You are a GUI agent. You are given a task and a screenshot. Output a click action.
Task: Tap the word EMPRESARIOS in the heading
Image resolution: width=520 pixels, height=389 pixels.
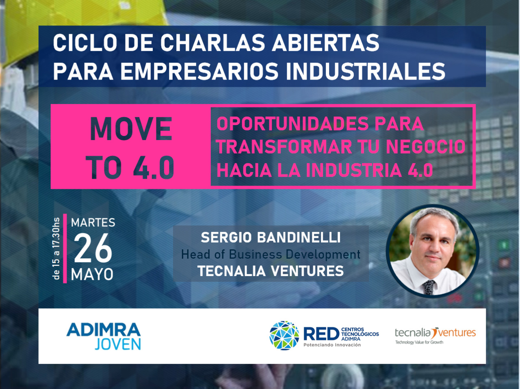200,71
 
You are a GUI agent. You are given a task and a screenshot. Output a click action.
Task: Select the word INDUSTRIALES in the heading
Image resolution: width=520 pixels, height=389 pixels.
366,71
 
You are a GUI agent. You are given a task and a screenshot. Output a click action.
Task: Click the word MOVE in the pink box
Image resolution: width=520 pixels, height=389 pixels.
131,129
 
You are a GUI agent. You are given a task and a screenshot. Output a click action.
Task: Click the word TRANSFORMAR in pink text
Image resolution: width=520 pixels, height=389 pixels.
284,147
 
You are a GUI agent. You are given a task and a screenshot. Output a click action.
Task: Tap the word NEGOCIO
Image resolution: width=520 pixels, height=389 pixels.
426,147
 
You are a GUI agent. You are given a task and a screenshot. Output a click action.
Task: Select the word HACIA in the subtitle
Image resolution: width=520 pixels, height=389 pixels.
244,170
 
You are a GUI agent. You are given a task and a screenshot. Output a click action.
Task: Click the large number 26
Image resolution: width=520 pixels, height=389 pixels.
93,248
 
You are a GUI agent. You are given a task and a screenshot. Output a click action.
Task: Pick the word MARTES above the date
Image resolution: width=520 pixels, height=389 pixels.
93,223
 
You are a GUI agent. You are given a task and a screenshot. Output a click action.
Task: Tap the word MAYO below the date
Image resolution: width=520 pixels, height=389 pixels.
92,274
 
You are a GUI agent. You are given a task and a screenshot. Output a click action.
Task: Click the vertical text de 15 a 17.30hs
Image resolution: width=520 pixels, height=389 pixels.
56,249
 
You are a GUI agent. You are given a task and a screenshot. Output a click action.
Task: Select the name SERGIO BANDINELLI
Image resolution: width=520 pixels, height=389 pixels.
271,237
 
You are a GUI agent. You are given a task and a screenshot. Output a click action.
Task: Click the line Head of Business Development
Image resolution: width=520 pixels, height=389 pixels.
271,254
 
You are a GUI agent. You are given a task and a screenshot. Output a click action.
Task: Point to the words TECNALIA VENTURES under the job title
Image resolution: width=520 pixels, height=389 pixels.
271,271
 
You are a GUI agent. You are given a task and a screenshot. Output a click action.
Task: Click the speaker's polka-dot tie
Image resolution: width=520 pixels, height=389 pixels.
429,287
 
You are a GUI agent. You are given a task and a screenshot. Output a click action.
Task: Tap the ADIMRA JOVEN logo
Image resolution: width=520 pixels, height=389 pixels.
104,336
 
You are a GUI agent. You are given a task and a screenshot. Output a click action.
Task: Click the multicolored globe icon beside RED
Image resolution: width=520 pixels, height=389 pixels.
284,335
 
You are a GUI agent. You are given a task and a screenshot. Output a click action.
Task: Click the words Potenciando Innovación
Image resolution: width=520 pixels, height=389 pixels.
332,345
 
